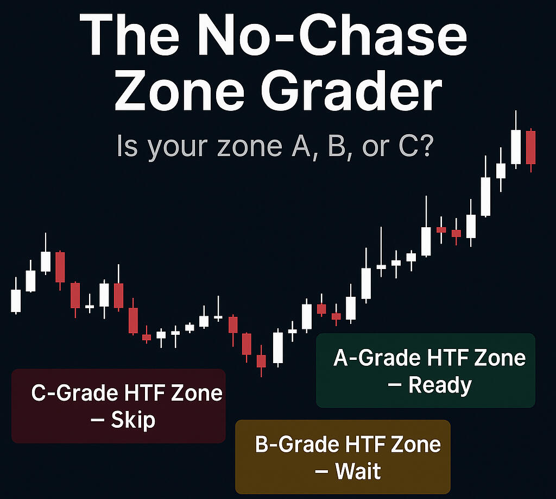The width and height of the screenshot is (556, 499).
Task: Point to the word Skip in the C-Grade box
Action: point(133,421)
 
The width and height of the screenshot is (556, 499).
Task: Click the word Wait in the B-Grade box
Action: point(358,471)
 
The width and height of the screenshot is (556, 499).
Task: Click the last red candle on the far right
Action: point(531,148)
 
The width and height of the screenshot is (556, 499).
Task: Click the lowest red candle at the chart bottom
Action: point(261,360)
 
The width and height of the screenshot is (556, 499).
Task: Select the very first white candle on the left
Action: point(16,300)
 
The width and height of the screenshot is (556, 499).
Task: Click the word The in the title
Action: point(129,35)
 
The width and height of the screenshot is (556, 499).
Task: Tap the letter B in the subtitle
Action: point(337,146)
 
